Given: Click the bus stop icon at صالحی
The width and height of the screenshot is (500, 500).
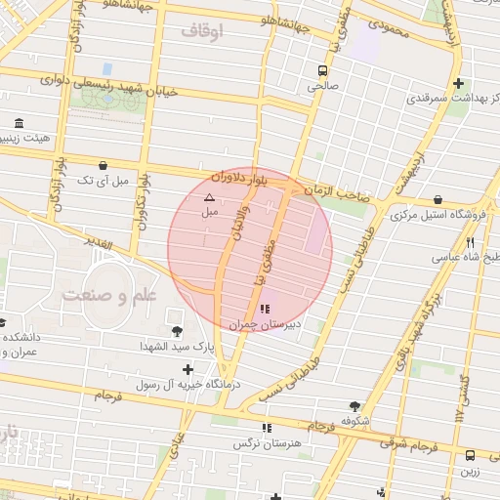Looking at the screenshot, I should click(321, 69).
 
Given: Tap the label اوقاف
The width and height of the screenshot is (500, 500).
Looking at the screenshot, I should click(202, 32).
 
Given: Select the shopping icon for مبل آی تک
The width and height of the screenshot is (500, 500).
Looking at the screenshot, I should click(104, 165).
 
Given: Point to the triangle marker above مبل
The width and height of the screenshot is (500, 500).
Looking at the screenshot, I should click(208, 197).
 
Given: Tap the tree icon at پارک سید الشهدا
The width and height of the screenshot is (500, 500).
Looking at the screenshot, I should click(176, 332).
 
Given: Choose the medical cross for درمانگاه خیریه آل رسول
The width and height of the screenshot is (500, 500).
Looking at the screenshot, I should click(187, 369).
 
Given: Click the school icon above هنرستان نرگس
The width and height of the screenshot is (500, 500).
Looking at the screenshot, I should click(266, 428).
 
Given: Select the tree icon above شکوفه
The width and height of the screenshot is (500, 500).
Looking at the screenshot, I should click(354, 406).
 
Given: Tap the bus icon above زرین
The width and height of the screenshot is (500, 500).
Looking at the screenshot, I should click(471, 455).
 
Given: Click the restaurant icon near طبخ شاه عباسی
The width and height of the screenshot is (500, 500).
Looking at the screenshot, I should click(471, 242).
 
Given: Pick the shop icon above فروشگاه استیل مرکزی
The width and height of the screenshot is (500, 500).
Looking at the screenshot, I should click(437, 199).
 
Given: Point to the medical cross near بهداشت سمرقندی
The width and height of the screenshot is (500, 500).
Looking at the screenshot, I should click(458, 83).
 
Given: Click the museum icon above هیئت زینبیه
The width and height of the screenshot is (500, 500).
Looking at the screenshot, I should click(21, 123).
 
